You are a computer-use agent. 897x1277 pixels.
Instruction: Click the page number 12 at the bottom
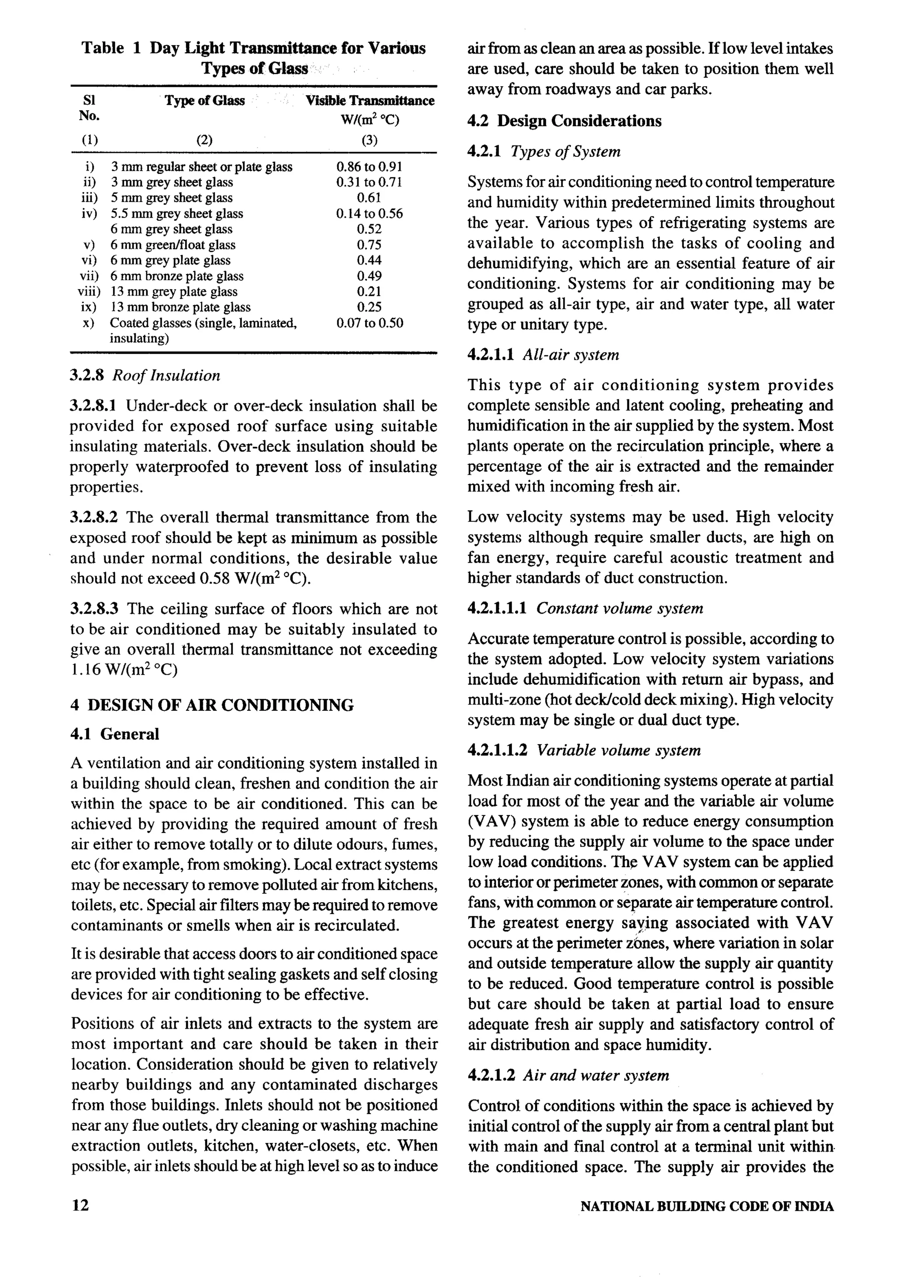pyautogui.click(x=80, y=1205)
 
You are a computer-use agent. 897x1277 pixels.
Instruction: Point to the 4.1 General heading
pyautogui.click(x=115, y=734)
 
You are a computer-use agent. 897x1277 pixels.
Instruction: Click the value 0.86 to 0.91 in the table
pyautogui.click(x=369, y=167)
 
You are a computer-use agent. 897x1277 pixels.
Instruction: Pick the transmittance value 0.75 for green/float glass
pyautogui.click(x=369, y=245)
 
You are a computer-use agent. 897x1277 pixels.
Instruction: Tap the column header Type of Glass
pyautogui.click(x=205, y=101)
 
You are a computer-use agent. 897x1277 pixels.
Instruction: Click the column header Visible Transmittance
pyautogui.click(x=370, y=101)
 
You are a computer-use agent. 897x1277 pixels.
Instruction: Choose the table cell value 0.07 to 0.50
pyautogui.click(x=369, y=323)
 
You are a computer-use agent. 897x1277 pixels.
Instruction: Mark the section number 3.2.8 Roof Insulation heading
pyautogui.click(x=145, y=375)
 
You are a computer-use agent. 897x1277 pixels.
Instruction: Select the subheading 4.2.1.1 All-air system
pyautogui.click(x=543, y=355)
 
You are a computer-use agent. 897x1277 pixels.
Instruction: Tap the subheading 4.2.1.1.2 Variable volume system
pyautogui.click(x=584, y=750)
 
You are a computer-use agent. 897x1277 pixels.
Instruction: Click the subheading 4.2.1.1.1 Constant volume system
pyautogui.click(x=585, y=608)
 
